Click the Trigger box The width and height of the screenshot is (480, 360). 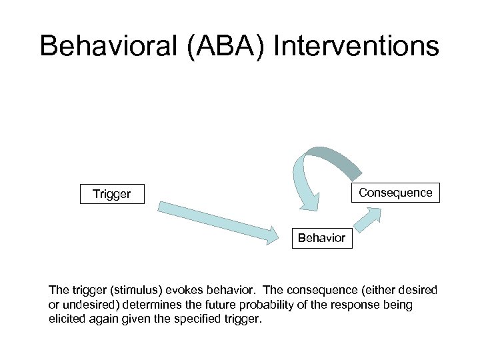click(x=112, y=194)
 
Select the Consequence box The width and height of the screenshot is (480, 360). click(x=395, y=193)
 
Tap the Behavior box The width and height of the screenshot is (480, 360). click(x=321, y=238)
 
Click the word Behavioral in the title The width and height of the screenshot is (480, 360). click(x=113, y=46)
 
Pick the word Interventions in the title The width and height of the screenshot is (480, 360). click(x=357, y=46)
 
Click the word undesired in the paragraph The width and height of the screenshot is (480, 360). click(x=86, y=305)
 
